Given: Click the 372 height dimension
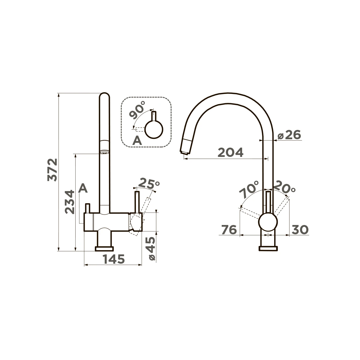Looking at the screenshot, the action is (x=52, y=170).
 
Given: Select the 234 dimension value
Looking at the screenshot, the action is (x=70, y=202).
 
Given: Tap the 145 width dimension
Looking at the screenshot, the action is (x=114, y=259).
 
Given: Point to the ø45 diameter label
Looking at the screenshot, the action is (x=152, y=249).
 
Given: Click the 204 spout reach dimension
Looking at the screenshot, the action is (x=231, y=152).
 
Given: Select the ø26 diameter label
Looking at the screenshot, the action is (x=289, y=135).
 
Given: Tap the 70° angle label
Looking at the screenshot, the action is (x=249, y=190).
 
